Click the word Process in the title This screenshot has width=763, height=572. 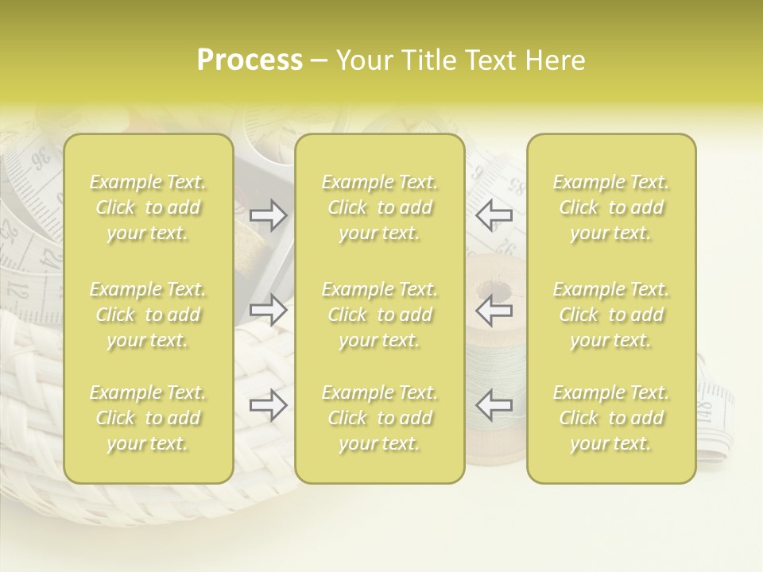[250, 60]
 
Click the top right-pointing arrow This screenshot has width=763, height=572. [269, 214]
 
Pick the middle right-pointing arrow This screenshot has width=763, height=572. [269, 310]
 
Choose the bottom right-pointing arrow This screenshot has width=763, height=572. [269, 405]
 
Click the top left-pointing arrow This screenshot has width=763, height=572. [494, 214]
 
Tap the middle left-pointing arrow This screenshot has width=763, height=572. [494, 310]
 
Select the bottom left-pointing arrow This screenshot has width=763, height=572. [494, 405]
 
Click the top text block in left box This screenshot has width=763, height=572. [148, 207]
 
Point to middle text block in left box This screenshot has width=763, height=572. [148, 315]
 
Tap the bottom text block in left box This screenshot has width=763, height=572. [148, 418]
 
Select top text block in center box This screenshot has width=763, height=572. [379, 207]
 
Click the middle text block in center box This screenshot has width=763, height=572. [379, 315]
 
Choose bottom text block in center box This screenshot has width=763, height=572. [379, 418]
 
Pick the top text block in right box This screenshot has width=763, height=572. [611, 207]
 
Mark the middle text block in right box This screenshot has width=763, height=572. [611, 315]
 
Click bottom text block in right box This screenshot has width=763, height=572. [611, 418]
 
